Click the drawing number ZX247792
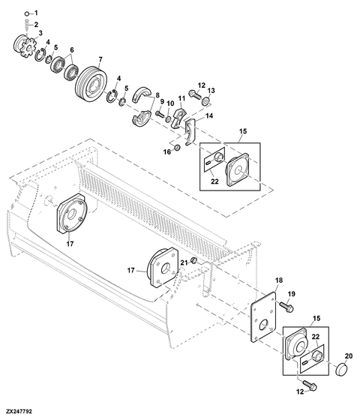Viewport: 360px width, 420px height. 19,411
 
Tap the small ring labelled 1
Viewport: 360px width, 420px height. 26,13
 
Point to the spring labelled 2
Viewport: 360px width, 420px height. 26,25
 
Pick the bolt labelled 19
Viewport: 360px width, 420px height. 286,307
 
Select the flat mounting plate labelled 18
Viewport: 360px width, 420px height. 263,317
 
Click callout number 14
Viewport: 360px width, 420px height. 209,116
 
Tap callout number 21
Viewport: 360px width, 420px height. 184,262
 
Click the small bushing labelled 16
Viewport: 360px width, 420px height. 176,148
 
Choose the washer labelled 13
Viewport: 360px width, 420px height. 206,101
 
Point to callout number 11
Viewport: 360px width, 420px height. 181,98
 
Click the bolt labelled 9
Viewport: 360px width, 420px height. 160,114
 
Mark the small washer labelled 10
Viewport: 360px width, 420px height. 168,119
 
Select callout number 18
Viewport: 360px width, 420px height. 279,280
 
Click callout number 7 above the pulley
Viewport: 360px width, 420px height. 100,59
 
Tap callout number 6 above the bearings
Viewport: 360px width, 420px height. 72,49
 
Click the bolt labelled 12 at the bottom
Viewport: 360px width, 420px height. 310,386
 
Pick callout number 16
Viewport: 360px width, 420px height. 166,152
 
